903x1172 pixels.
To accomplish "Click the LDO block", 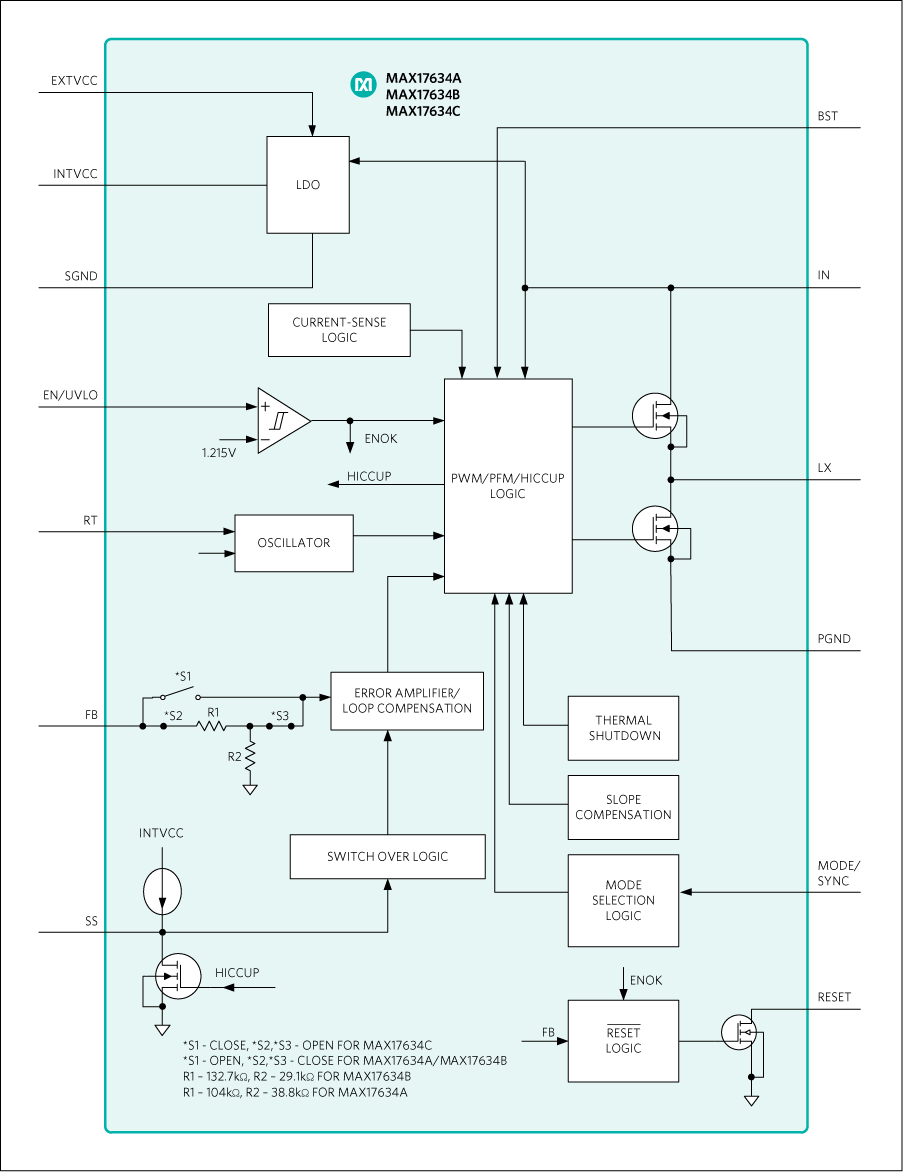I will [308, 185].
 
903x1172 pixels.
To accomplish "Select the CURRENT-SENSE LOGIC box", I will [339, 330].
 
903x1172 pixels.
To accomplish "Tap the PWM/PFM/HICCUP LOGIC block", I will [507, 486].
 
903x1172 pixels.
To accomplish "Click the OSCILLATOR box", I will [293, 543].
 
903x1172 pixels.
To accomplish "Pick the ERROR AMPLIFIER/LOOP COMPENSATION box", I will [407, 701].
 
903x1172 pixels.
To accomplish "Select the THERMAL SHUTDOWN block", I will [623, 728].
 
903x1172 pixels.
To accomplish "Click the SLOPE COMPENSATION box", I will [623, 807].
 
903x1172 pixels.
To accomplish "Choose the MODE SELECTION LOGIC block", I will [623, 900].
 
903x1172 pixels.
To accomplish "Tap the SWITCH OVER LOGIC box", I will [387, 857].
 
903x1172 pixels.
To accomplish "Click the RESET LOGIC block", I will [623, 1040].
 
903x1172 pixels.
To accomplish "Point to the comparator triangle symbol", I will [280, 421].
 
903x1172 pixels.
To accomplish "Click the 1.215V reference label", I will [218, 453].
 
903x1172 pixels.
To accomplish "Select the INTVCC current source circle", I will [161, 891].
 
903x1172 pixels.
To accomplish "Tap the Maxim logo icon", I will [361, 86].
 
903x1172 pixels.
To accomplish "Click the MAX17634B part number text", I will [423, 95].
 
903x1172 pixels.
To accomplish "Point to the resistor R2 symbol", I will [250, 757].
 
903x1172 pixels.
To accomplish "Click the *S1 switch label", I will [183, 676].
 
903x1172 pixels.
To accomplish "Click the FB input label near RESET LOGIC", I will [548, 1032].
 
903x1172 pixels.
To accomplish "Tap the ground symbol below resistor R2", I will [250, 790].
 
